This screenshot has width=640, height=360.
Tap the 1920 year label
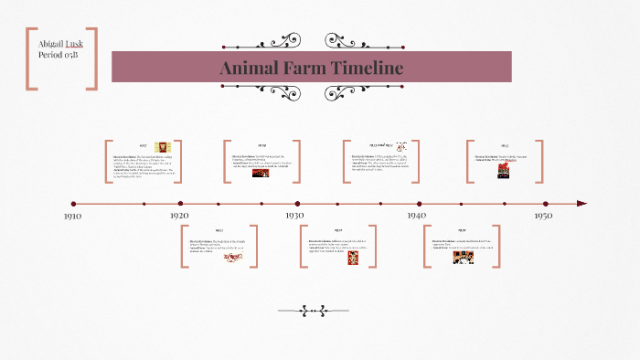[179, 216]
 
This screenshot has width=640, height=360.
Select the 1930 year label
[294, 216]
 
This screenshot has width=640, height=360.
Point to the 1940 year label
[417, 216]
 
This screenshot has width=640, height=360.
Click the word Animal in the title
[251, 69]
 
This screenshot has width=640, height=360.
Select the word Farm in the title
[304, 69]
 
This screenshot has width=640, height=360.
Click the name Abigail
[46, 45]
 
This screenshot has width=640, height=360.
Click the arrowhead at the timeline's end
[581, 204]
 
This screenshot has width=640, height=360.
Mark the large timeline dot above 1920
[180, 204]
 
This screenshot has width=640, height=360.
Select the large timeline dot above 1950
[546, 204]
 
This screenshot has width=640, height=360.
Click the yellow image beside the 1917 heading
[163, 146]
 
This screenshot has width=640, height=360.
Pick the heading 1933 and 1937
[381, 145]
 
